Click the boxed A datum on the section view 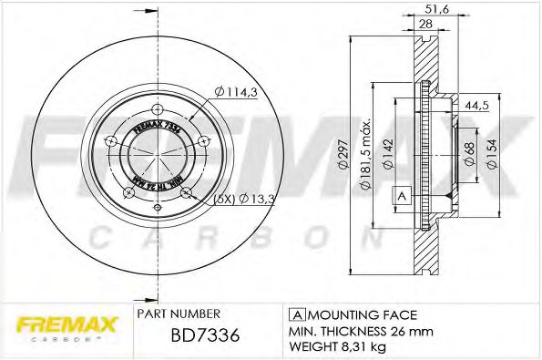click(x=400, y=195)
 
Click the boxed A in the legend click(x=295, y=313)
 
